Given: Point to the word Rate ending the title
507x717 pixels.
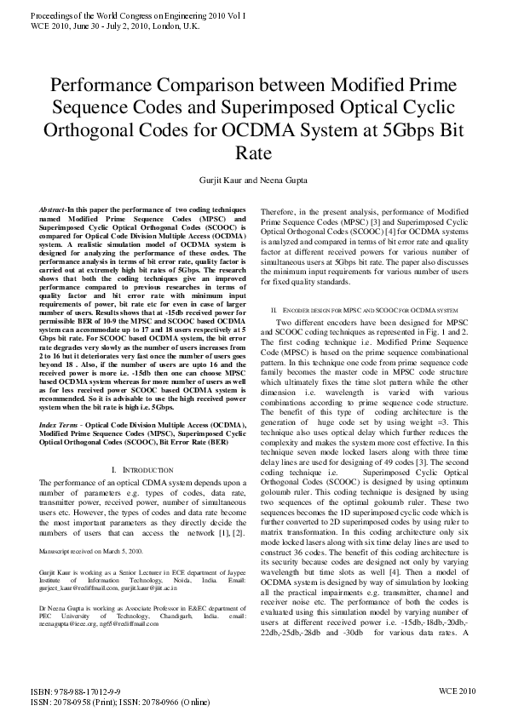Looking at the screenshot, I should click(x=252, y=154).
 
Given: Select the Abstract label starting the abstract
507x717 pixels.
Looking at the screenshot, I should click(x=55, y=209).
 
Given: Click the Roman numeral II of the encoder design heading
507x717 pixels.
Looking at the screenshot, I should click(x=273, y=312).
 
